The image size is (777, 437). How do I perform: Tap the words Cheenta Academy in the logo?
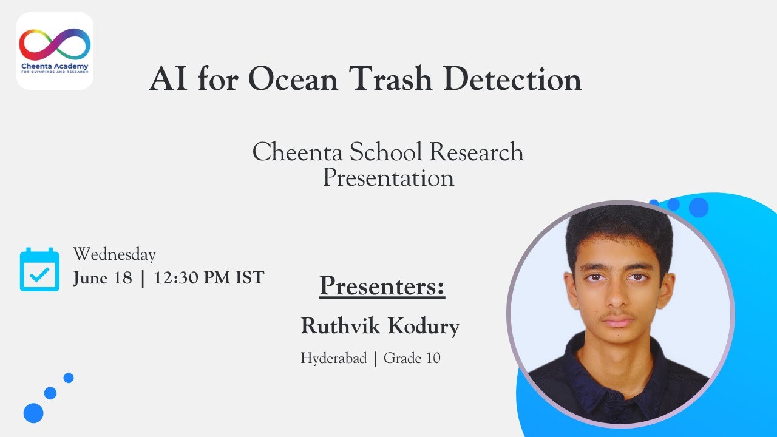(x=55, y=66)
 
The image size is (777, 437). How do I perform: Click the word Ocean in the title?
(x=293, y=80)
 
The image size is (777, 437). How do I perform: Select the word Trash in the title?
(x=390, y=79)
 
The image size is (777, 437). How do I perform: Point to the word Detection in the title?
(x=513, y=79)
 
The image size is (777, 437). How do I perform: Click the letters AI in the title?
(x=168, y=79)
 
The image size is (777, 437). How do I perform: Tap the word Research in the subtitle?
(x=477, y=152)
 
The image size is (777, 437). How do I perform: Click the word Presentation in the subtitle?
(x=388, y=178)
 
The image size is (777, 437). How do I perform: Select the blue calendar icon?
(x=39, y=269)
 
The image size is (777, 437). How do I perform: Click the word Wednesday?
(x=115, y=254)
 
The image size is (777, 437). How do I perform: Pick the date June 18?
(x=103, y=278)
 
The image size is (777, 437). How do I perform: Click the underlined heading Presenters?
(x=382, y=286)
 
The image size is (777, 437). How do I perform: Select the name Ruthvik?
(x=341, y=326)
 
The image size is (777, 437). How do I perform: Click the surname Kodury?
(x=424, y=327)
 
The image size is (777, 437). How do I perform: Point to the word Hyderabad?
(x=334, y=358)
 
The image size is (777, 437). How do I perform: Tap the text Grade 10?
(x=412, y=358)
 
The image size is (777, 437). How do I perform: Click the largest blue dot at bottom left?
(x=33, y=413)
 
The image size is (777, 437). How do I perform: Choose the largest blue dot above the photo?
(x=699, y=208)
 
